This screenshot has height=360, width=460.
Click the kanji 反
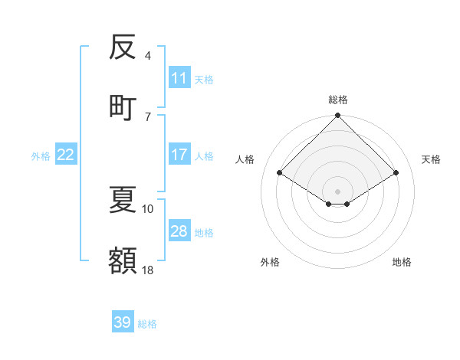[123, 47]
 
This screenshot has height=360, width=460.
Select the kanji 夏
[123, 200]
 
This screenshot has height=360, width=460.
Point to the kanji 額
[123, 261]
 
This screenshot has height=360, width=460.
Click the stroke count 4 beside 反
[148, 55]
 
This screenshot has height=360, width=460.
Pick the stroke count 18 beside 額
[148, 270]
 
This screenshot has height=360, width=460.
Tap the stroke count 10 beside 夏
[148, 208]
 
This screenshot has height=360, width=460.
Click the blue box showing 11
[179, 78]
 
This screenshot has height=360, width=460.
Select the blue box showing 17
[179, 155]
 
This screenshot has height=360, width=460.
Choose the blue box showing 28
[179, 231]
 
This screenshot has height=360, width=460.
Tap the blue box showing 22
[66, 155]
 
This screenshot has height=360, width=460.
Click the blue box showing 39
[123, 322]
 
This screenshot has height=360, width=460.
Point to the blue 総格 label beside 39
[147, 324]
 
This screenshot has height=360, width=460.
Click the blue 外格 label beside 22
[41, 156]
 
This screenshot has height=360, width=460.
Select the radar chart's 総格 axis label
[338, 100]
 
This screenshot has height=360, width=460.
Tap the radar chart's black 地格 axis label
[402, 262]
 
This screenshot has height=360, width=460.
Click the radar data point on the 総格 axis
[338, 116]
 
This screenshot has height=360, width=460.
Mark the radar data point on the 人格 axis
[280, 173]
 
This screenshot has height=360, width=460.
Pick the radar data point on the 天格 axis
[396, 173]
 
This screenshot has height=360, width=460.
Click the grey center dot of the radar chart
[338, 191]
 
